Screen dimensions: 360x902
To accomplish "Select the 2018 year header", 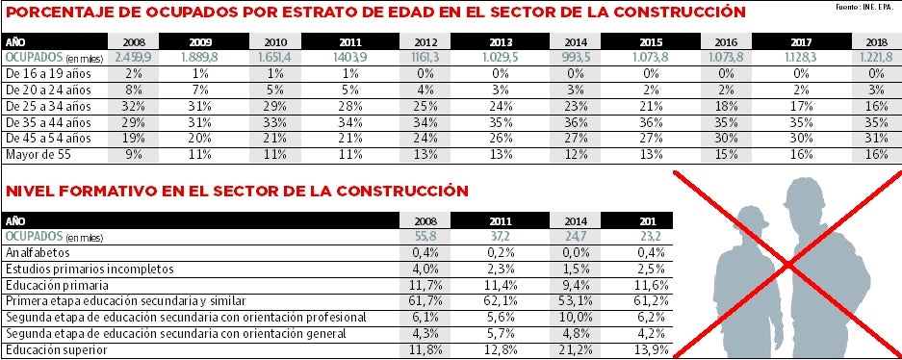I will point(876,42).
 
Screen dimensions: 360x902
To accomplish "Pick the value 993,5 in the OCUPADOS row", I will point(576,58).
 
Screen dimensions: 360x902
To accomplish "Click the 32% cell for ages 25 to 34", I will point(134,106).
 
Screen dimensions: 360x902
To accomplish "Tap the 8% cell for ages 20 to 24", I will point(134,90).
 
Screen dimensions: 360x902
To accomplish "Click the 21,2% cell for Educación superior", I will point(569,350).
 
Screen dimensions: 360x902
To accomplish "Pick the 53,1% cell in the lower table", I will point(569,301).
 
